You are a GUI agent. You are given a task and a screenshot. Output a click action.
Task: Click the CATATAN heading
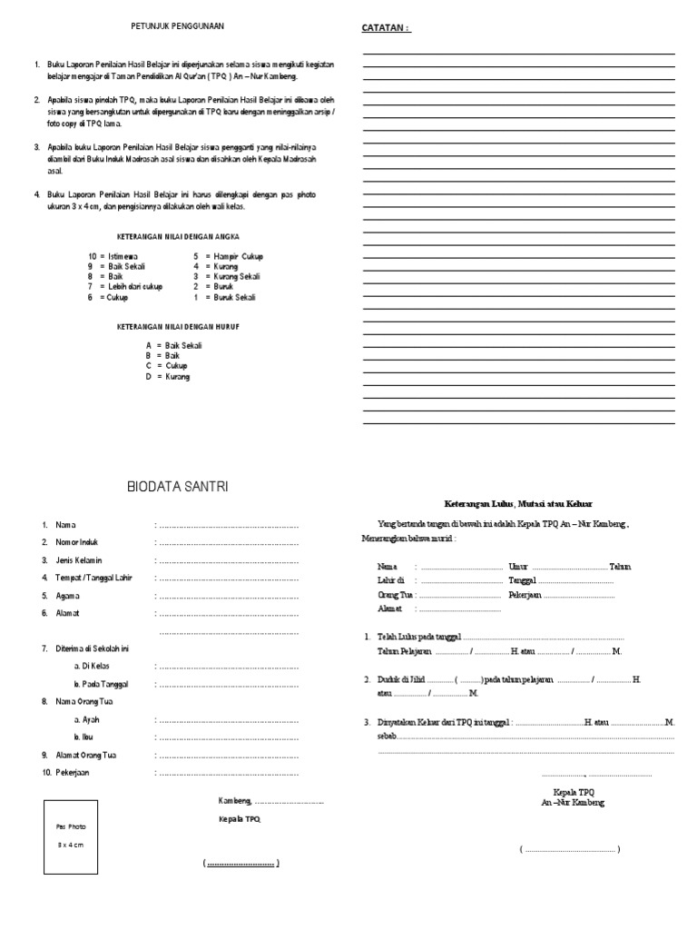(386, 27)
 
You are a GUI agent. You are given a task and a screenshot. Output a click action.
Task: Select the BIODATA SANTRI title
(178, 488)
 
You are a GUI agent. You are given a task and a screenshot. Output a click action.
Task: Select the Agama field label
(68, 596)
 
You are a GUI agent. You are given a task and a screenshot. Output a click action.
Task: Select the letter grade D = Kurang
(168, 376)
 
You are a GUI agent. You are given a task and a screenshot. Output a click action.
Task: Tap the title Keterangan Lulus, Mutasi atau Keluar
(517, 503)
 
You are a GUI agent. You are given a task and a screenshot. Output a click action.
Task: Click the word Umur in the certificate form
(518, 566)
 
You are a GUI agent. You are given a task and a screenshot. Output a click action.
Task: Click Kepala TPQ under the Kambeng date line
(240, 819)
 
